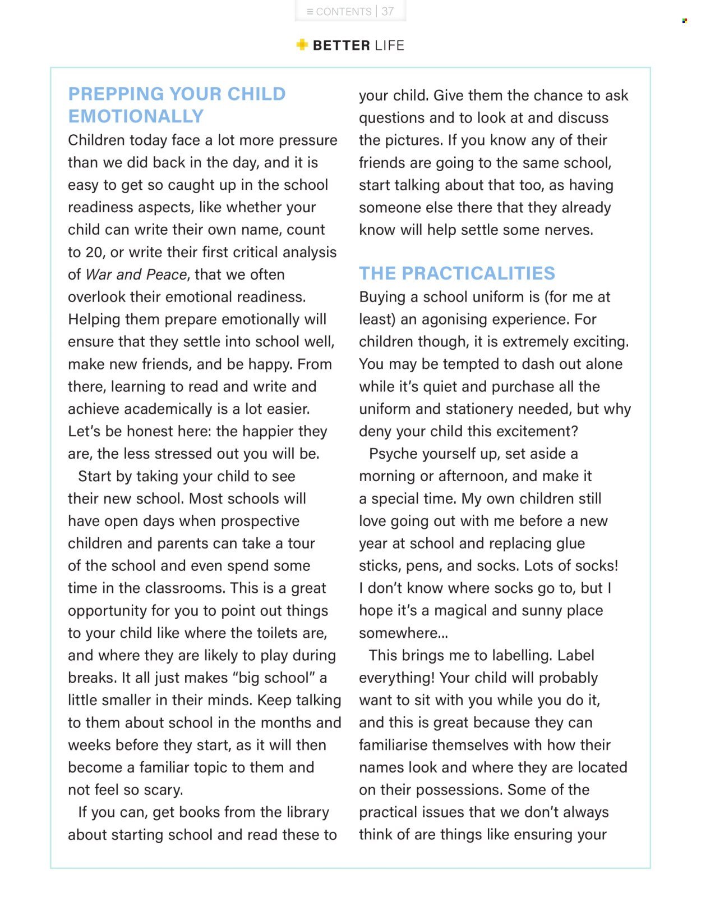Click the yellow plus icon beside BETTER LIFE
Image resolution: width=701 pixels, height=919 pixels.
302,45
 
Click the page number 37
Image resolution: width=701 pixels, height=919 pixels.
388,11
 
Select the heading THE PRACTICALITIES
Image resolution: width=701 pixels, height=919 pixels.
457,273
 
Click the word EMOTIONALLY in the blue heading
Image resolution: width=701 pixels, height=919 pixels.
136,116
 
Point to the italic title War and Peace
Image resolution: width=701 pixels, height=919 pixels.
136,275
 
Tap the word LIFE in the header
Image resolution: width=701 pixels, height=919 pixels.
389,45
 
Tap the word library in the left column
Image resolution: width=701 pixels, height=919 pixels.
307,812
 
